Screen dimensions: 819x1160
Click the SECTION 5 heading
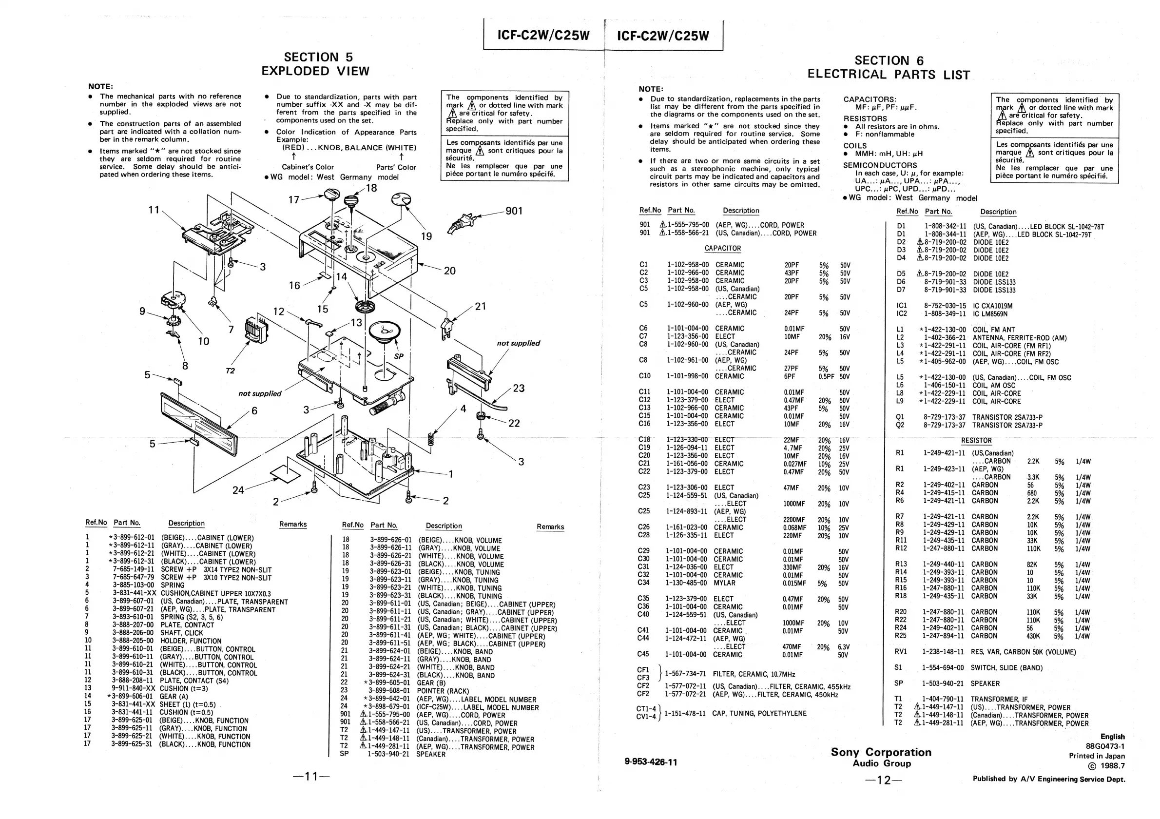click(x=318, y=57)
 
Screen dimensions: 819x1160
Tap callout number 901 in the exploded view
click(x=514, y=211)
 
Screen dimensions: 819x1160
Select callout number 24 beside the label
click(x=238, y=490)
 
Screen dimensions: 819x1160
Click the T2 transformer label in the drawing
click(x=230, y=371)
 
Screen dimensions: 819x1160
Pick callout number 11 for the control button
click(x=154, y=210)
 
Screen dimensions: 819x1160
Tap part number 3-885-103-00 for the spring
click(x=134, y=585)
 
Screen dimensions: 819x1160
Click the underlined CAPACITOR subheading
click(x=722, y=249)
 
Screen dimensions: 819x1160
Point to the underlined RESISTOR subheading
click(x=976, y=441)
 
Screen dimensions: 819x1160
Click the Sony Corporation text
click(x=881, y=752)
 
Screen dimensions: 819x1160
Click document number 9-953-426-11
click(x=651, y=762)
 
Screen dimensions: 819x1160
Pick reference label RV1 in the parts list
click(x=901, y=652)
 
